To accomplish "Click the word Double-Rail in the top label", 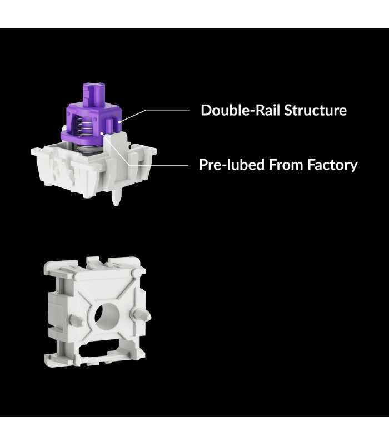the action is coord(241,110).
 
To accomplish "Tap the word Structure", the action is coord(315,110).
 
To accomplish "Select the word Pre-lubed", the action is coord(232,165).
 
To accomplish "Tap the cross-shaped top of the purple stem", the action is coord(93,86).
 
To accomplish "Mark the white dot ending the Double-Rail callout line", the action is coord(119,122).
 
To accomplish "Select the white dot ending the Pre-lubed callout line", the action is coord(102,133).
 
